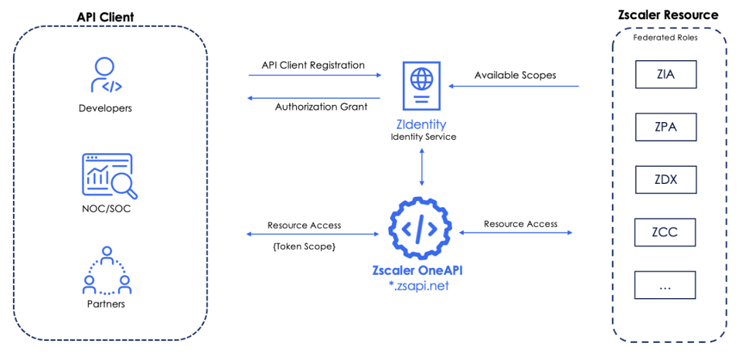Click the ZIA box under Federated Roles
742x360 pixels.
coord(665,75)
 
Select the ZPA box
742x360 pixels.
coord(665,127)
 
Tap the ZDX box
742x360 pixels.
coord(665,180)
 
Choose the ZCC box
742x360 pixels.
coord(665,232)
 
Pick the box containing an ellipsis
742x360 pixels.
coord(665,284)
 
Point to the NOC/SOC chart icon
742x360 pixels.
coord(109,175)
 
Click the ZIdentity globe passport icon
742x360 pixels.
coord(421,87)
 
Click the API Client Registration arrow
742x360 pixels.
coord(315,76)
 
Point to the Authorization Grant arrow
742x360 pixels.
coord(315,98)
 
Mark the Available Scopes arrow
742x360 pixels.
coord(514,87)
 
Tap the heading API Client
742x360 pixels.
coord(105,17)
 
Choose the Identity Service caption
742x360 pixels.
coord(423,137)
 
